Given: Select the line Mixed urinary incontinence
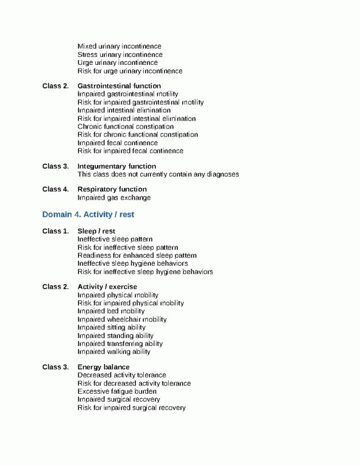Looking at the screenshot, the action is pos(119,46).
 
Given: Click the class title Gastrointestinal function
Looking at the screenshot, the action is pos(119,86).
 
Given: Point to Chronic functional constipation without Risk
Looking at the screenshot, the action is pos(125,127).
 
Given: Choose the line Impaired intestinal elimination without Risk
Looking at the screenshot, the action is pos(124,110).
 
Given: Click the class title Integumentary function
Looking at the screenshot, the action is pos(117,166).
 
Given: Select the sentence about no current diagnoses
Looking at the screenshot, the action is pos(158,174).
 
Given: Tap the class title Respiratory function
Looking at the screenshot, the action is pos(112,189).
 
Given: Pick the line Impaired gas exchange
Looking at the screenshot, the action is pos(114,197).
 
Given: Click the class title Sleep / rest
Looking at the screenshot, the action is pos(96,231).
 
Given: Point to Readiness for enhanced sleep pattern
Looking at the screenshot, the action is pos(137,255).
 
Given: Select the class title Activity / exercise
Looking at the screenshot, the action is pos(107,286).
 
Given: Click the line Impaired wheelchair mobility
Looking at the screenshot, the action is pos(122,319).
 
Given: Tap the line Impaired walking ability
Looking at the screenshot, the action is pos(114,351).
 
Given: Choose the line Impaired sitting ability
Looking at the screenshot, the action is pos(112,327).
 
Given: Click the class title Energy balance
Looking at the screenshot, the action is pos(103,367).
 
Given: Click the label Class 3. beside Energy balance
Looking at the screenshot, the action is pos(55,367).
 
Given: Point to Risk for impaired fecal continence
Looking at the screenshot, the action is pos(131,150).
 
